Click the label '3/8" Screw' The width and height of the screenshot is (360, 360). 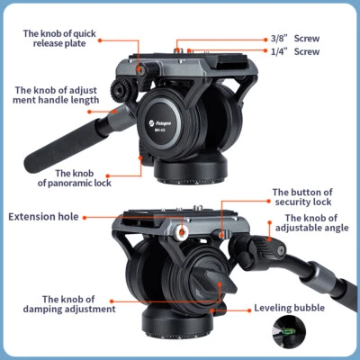(x=294, y=39)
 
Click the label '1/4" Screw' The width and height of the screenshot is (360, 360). (x=294, y=52)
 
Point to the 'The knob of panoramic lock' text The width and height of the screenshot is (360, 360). (x=85, y=178)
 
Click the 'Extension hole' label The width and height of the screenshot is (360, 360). (x=43, y=217)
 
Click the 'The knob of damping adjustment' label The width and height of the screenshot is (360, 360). (x=77, y=304)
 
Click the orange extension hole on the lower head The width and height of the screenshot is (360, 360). (x=182, y=233)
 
